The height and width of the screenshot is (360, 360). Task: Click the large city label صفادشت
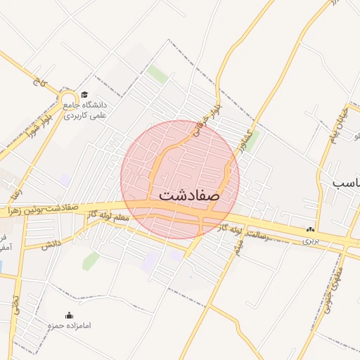click(x=185, y=195)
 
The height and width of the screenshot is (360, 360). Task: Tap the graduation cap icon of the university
click(x=84, y=94)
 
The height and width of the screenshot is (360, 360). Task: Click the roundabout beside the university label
click(x=68, y=99)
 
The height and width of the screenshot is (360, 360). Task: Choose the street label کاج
click(x=37, y=82)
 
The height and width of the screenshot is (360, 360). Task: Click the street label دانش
click(x=51, y=245)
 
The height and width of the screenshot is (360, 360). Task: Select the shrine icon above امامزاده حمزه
click(x=69, y=315)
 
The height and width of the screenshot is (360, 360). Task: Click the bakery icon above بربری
click(x=310, y=229)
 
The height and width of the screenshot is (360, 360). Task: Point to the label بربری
click(x=310, y=240)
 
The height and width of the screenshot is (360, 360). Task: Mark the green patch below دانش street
click(x=90, y=261)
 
